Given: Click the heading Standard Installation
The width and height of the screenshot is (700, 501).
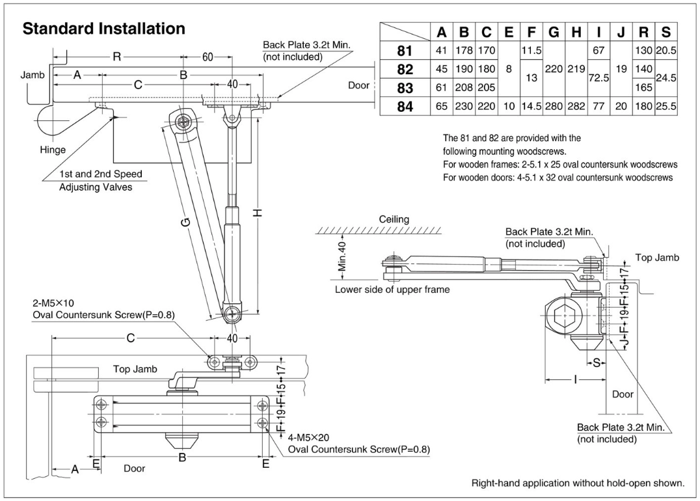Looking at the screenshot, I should (104, 29).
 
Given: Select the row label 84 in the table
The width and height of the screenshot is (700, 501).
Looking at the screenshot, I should (405, 106).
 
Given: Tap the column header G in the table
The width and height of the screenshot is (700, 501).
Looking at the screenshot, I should (554, 32).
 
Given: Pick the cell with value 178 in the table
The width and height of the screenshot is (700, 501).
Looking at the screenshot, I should (464, 50).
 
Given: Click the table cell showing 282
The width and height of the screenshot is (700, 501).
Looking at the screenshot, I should (576, 106).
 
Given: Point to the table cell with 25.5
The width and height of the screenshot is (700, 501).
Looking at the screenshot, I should (666, 106).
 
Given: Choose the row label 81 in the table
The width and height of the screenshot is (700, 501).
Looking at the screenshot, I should (405, 50).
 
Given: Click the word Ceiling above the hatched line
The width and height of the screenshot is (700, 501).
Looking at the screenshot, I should (394, 219).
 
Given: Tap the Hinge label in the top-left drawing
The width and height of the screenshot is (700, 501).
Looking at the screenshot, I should (53, 150).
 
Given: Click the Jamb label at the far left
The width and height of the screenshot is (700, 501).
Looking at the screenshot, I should (33, 75).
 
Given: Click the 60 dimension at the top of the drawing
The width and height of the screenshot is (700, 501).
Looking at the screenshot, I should (208, 57).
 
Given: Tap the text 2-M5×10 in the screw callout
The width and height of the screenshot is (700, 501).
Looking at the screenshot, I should (54, 303).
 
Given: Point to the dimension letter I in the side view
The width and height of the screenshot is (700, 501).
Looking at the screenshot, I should (575, 379).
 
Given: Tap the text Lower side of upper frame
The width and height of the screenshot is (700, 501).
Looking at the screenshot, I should (392, 290).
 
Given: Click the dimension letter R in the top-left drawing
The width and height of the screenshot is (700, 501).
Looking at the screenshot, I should (116, 57).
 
